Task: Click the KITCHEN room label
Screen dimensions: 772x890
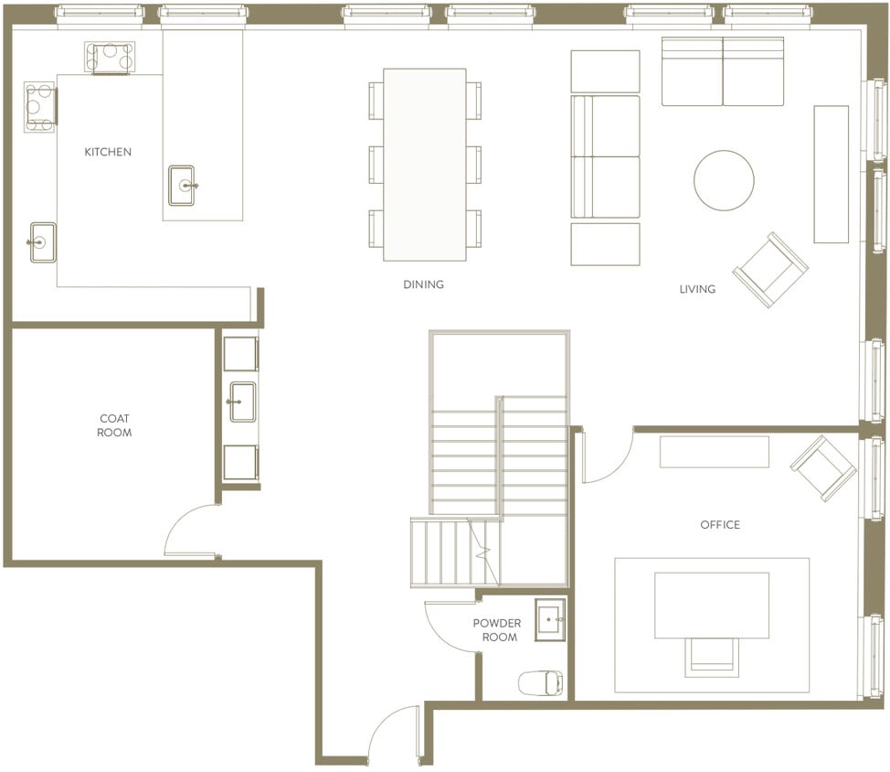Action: [108, 152]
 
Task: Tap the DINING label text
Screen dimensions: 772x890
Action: [423, 284]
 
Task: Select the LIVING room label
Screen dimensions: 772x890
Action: [697, 289]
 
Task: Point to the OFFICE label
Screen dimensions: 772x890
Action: [720, 525]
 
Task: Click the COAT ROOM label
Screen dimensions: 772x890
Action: [114, 425]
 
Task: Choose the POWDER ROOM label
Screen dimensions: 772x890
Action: [497, 630]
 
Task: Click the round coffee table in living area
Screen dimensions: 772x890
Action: [724, 180]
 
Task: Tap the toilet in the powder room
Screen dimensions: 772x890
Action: [540, 682]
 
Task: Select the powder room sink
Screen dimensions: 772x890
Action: [549, 619]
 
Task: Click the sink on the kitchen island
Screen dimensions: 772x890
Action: [182, 186]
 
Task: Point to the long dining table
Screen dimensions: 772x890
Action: [425, 164]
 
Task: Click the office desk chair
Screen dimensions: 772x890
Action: [712, 656]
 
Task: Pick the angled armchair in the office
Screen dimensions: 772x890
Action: [822, 467]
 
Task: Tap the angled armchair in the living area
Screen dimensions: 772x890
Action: [770, 269]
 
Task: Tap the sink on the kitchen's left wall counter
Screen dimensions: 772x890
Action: [42, 242]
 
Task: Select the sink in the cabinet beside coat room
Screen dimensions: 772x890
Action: [242, 402]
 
